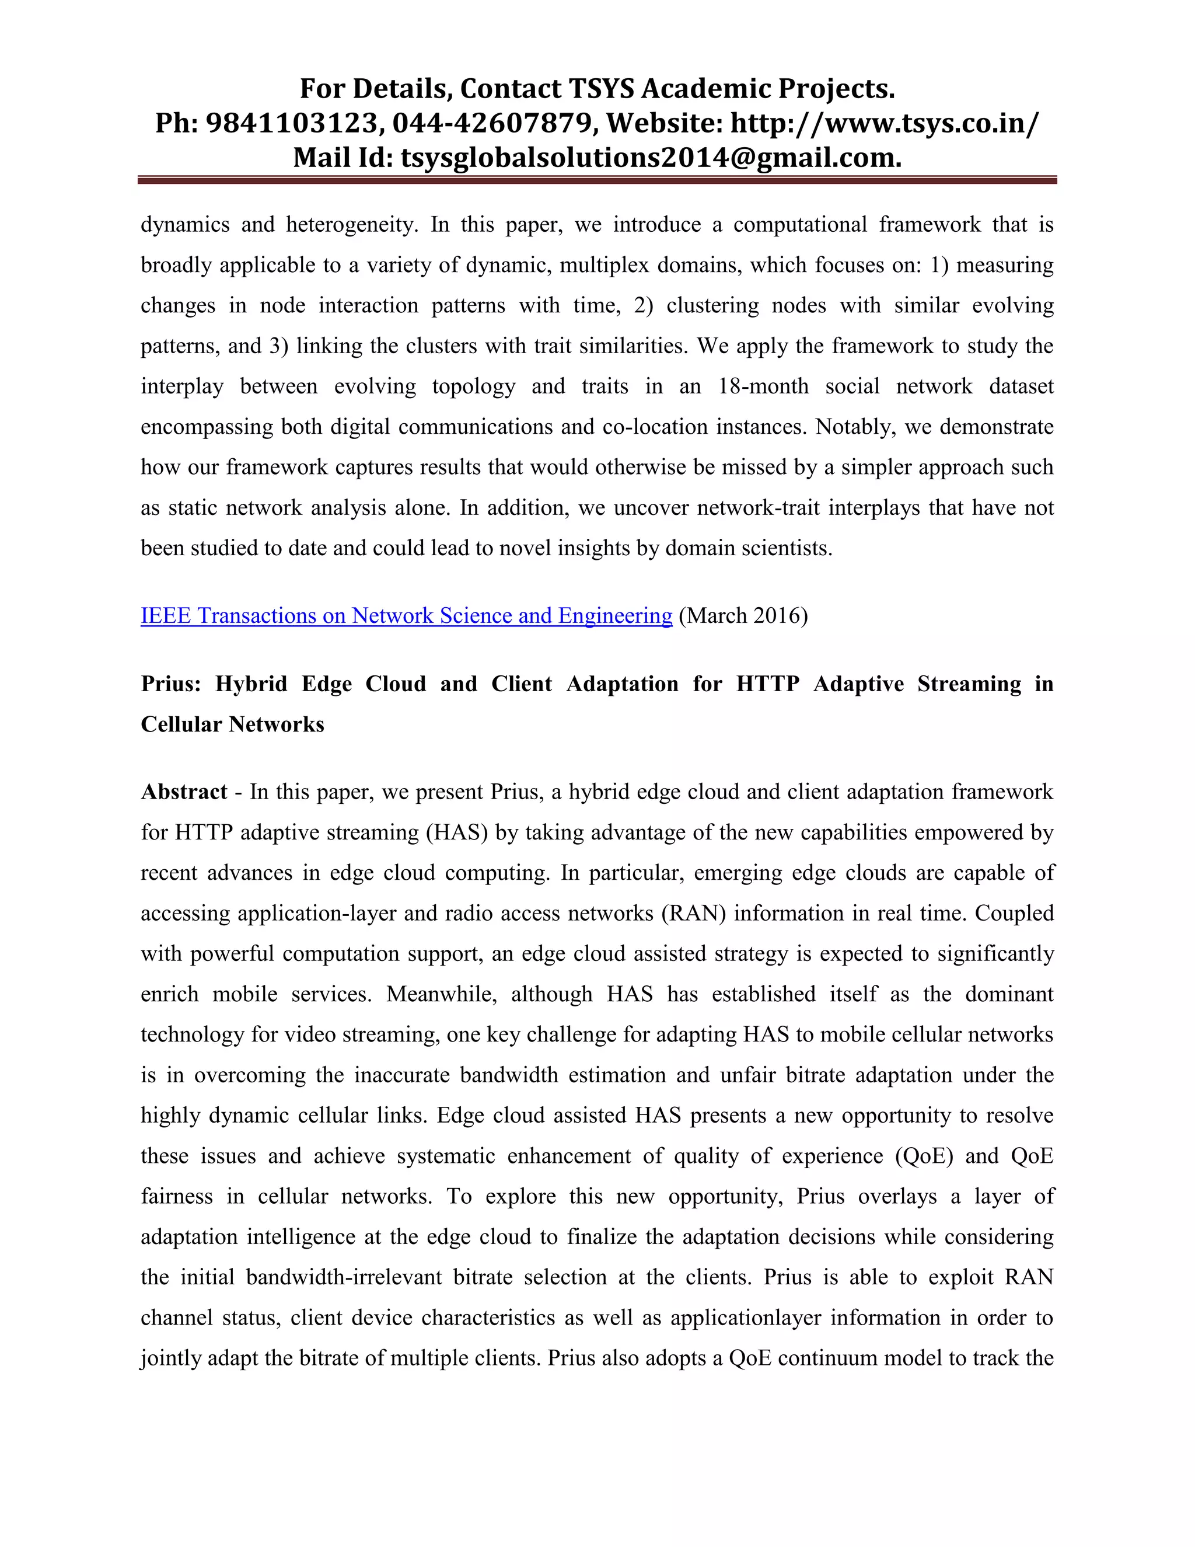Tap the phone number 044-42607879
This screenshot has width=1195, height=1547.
[x=491, y=123]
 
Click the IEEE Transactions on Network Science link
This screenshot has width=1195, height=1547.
[x=406, y=615]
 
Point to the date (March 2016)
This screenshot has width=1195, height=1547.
[x=743, y=615]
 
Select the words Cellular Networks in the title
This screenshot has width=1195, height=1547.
[x=232, y=724]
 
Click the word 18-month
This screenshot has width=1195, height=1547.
[x=763, y=386]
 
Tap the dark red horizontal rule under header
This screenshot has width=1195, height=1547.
[x=597, y=180]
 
